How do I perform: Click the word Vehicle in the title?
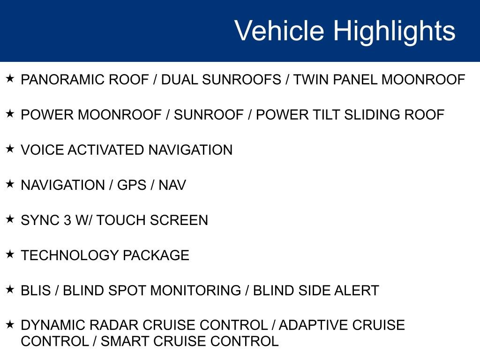click(x=279, y=31)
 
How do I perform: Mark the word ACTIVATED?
click(x=106, y=150)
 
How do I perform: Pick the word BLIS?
click(x=36, y=291)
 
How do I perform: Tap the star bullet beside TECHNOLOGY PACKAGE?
click(x=10, y=254)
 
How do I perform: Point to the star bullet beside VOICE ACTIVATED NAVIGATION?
click(x=10, y=149)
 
